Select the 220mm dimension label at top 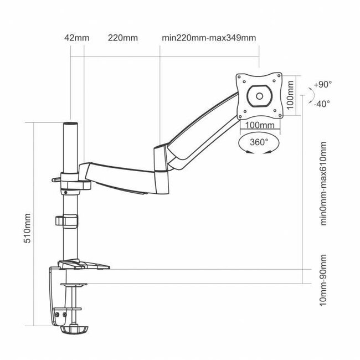click(123, 38)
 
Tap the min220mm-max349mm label click(209, 38)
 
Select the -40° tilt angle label click(322, 104)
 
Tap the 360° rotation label click(259, 142)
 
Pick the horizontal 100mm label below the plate click(259, 126)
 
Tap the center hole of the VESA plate click(259, 95)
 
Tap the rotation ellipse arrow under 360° click(259, 148)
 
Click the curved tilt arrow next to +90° click(304, 95)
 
